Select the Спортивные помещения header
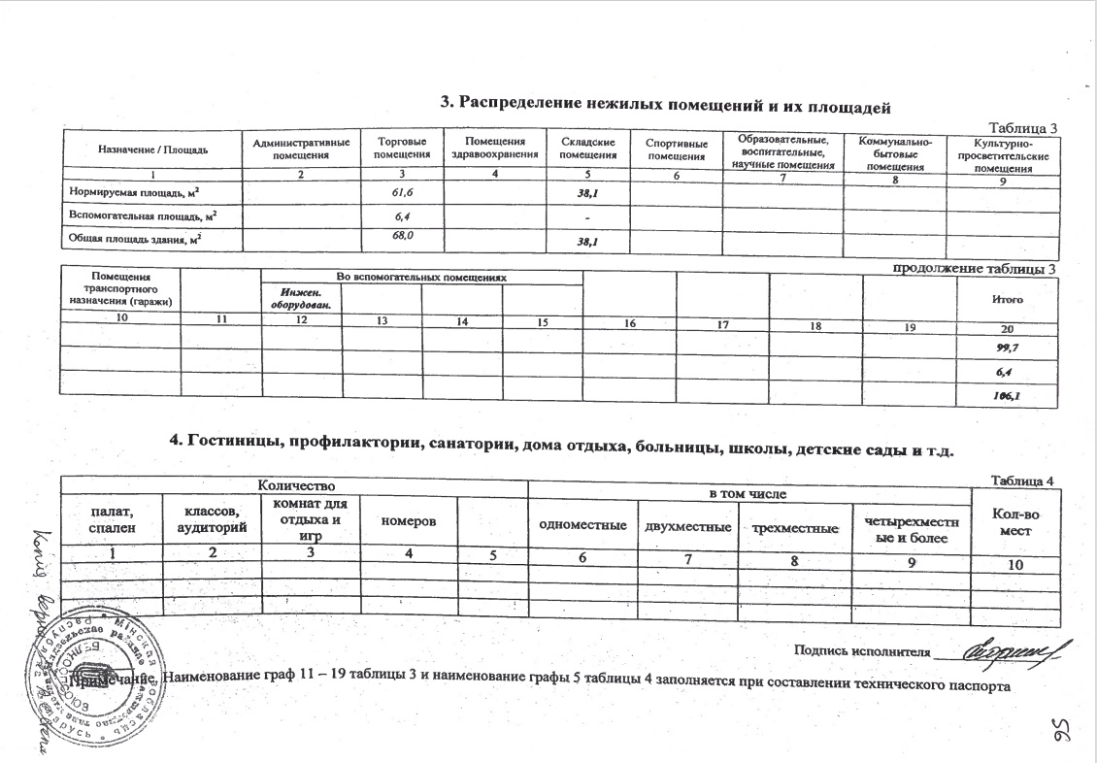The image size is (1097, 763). pos(676,150)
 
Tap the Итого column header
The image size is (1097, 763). pos(1008,300)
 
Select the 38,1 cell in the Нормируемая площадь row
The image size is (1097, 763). pos(588,195)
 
